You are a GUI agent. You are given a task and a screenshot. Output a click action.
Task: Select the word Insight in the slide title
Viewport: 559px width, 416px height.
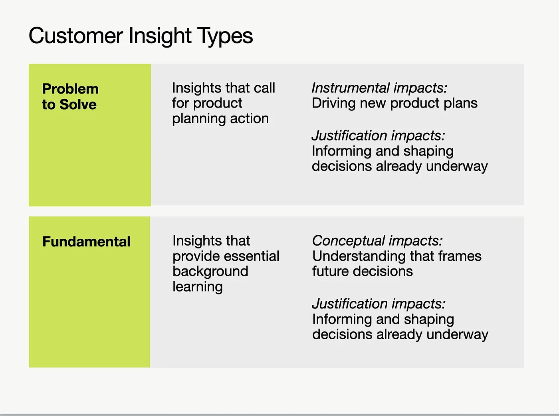pos(160,36)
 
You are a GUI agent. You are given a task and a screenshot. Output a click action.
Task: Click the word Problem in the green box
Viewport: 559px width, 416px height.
pos(70,89)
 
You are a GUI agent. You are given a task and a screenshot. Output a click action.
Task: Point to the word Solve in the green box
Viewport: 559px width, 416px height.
pos(78,105)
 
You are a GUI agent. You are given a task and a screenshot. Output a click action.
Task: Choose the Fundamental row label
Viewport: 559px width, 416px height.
pos(86,242)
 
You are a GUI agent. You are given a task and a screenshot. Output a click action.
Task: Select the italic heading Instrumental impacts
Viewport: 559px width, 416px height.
pos(379,88)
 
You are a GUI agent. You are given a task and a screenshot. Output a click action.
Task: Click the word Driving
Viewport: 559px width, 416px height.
pos(333,104)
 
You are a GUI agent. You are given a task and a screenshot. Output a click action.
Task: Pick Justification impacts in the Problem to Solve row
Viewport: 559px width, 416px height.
pos(378,136)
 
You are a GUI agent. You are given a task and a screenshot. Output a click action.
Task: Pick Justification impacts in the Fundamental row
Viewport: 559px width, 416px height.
pos(379,304)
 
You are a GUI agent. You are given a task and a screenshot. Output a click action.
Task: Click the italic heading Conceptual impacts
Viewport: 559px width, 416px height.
pos(377,241)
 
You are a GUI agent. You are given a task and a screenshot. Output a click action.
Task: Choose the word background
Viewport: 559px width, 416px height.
pos(210,271)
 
